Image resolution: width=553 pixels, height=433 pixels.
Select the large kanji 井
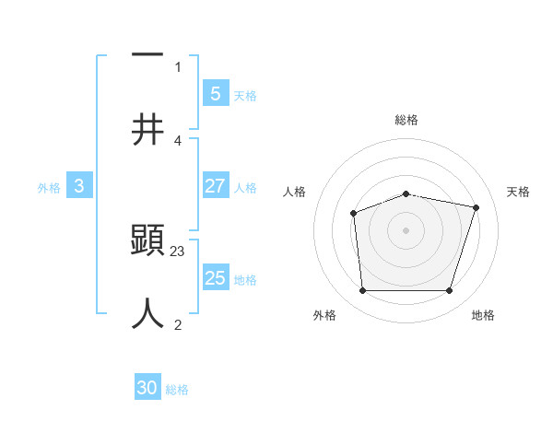coord(147,130)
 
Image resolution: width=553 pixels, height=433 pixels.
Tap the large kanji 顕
coord(147,242)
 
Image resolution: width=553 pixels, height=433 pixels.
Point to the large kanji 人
coord(147,313)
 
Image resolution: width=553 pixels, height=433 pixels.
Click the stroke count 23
coord(178,251)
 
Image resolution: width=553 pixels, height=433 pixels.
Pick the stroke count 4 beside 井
coord(177,140)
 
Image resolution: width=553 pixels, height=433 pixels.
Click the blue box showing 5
coord(215,93)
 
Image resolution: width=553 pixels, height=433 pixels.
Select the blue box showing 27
coord(215,186)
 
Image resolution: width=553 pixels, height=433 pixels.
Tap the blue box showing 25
coord(215,278)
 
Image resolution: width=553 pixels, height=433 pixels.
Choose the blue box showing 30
coord(147,388)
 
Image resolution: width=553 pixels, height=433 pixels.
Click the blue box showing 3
coord(79,186)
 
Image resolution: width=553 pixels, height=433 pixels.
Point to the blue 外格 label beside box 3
coord(49,187)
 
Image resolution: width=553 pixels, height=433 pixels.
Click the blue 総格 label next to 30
coord(177,390)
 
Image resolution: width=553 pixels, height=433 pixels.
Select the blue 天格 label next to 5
coord(244,95)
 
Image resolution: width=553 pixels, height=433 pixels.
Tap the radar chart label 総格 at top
coord(406,120)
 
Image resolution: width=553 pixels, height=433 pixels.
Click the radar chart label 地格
coord(483,315)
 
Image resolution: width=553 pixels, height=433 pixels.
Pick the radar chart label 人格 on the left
coord(295,192)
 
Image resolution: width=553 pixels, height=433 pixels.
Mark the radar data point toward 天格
coord(476,207)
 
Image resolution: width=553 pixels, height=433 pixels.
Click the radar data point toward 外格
coord(362,291)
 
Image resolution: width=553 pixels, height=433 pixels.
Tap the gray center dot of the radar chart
coord(406,230)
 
